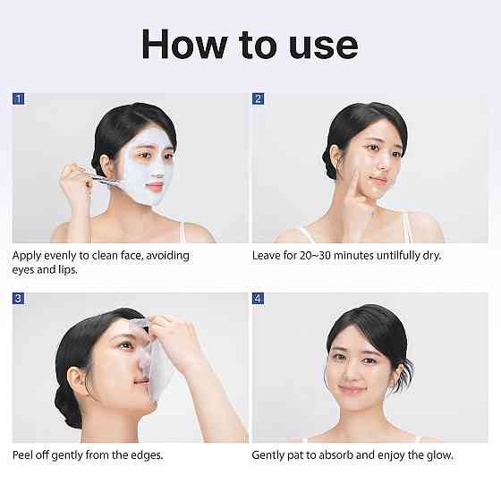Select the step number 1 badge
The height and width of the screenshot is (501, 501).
tap(19, 98)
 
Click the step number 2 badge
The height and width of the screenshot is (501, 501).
tap(259, 98)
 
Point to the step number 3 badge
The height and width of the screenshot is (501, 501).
tap(19, 298)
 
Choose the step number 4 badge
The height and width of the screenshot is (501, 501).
tap(259, 298)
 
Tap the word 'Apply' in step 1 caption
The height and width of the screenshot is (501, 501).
tap(28, 256)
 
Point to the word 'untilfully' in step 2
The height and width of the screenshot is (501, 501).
tap(394, 256)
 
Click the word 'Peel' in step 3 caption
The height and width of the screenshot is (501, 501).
tap(24, 455)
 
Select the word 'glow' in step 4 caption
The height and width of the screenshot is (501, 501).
tap(437, 455)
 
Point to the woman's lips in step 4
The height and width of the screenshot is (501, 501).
tap(351, 389)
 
